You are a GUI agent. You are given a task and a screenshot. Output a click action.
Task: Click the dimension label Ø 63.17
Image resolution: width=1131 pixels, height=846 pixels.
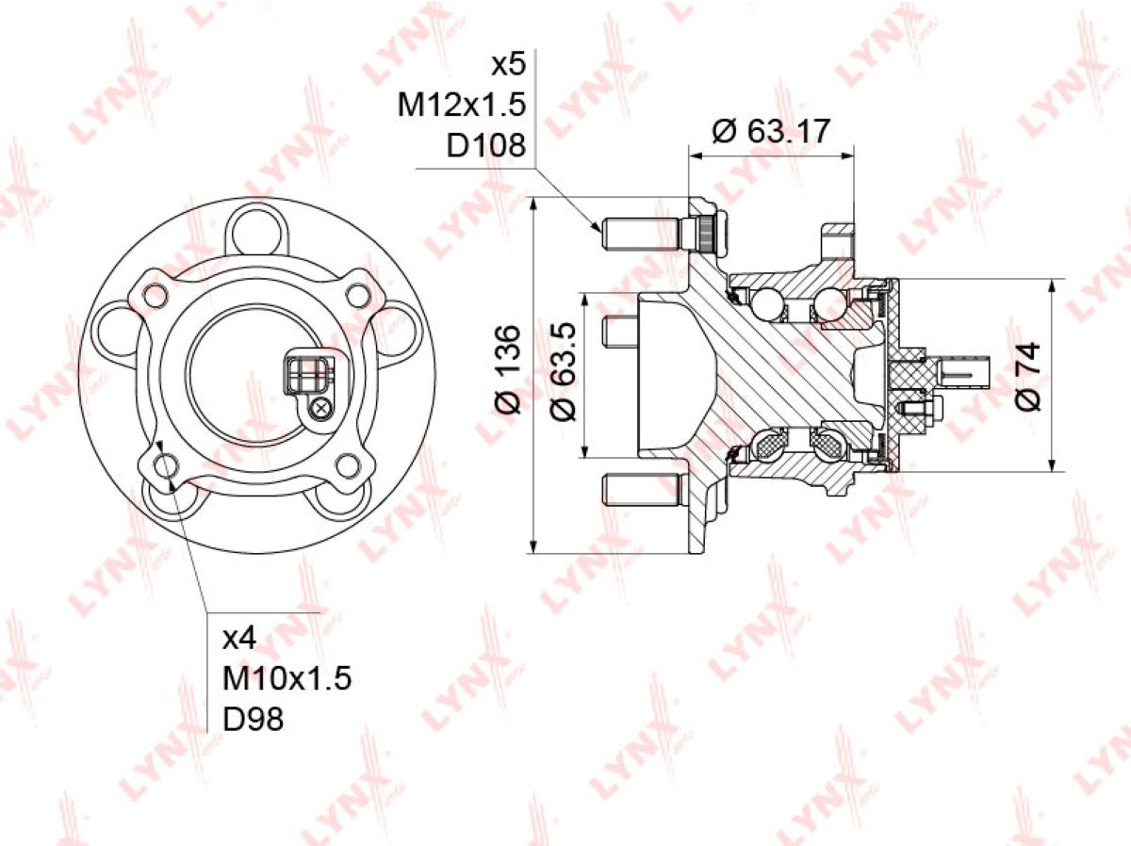point(771,132)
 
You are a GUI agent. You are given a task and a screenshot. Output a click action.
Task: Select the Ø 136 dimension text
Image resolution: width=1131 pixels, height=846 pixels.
point(508,368)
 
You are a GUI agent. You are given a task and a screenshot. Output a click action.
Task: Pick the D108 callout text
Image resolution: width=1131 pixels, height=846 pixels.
point(486,146)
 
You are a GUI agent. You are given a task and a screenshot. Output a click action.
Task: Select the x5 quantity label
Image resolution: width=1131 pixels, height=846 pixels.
point(508,66)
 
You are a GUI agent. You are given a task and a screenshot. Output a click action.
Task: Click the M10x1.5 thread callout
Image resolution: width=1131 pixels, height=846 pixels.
point(287,678)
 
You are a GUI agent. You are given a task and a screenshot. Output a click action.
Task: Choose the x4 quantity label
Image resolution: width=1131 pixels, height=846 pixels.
point(239,639)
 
